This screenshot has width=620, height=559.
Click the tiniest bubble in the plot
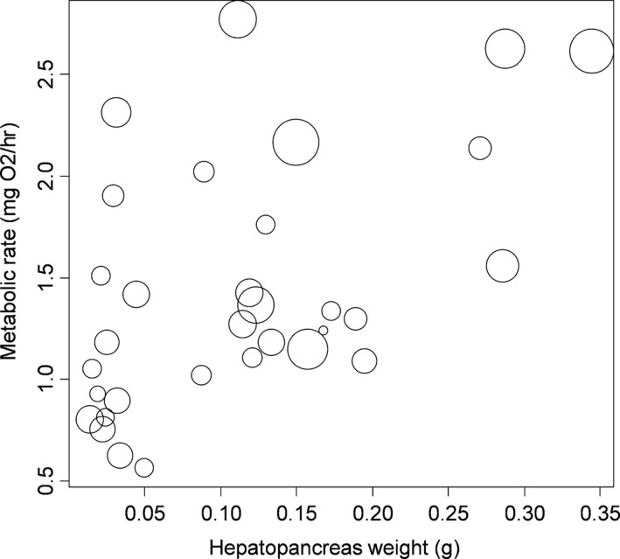click(x=323, y=331)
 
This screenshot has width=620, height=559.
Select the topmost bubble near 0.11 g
click(x=238, y=19)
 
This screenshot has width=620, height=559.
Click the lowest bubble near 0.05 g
click(x=144, y=468)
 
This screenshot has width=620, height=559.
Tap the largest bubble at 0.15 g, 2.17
click(x=296, y=142)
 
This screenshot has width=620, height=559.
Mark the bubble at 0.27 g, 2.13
click(x=480, y=148)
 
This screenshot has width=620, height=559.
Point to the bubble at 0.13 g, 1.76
click(x=266, y=225)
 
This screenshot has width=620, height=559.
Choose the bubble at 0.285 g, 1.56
click(x=503, y=266)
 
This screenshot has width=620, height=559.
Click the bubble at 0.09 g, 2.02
click(x=204, y=171)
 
